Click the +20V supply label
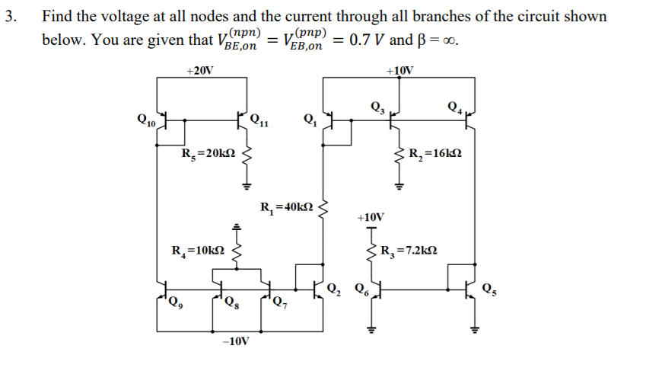[x=200, y=70]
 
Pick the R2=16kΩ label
[x=435, y=155]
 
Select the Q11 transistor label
[x=259, y=120]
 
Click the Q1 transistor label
[x=309, y=118]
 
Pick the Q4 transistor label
[x=456, y=106]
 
